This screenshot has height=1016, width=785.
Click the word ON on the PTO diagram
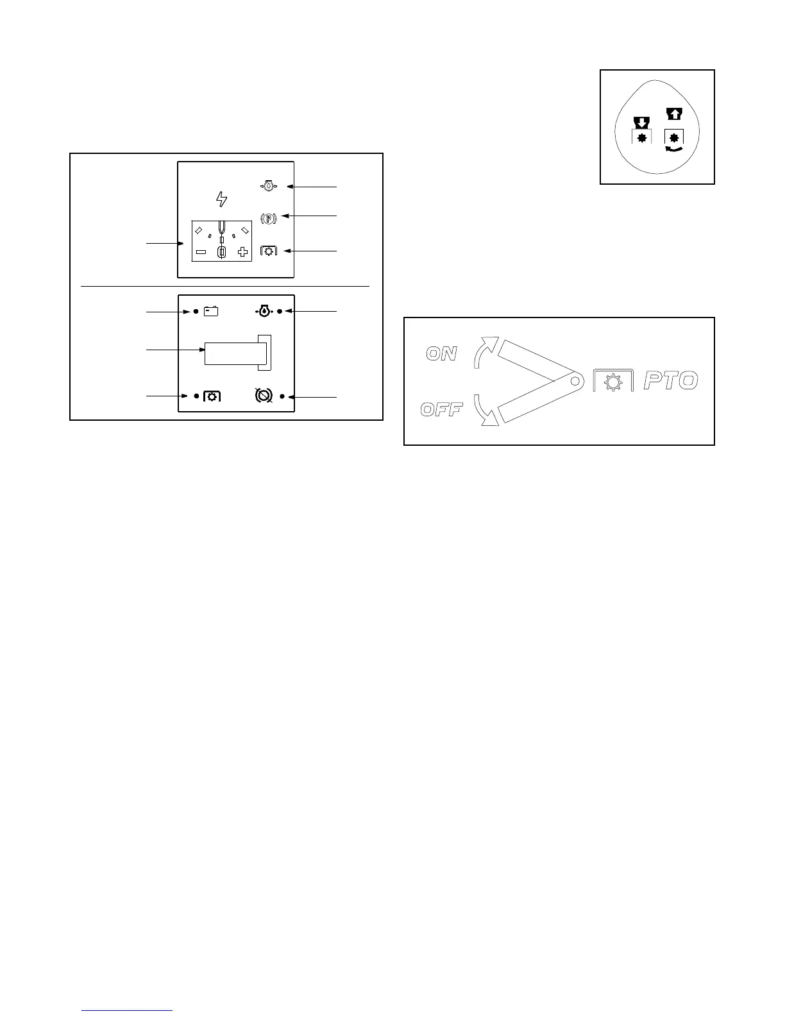[x=441, y=353]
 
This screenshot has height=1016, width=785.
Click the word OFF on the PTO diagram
[x=441, y=409]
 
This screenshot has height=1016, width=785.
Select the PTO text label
[x=670, y=381]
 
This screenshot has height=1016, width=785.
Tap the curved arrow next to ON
[x=484, y=351]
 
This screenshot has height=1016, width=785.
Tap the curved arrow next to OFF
[x=485, y=411]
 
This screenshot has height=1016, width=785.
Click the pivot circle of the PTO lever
[x=575, y=381]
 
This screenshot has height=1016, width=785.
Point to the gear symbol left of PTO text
[x=614, y=382]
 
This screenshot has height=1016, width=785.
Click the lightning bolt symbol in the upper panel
[x=222, y=199]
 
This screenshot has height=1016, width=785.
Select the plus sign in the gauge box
[x=242, y=253]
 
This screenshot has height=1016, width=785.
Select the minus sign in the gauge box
[x=201, y=253]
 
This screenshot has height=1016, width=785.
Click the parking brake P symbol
[x=268, y=218]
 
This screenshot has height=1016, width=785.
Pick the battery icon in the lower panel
[x=211, y=312]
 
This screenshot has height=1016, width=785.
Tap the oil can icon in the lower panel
[x=264, y=311]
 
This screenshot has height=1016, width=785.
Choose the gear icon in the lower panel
[x=212, y=396]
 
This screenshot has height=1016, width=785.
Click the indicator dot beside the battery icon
[x=196, y=312]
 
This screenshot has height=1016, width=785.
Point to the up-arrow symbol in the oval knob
[x=674, y=114]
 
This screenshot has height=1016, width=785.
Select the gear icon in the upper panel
[x=269, y=251]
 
